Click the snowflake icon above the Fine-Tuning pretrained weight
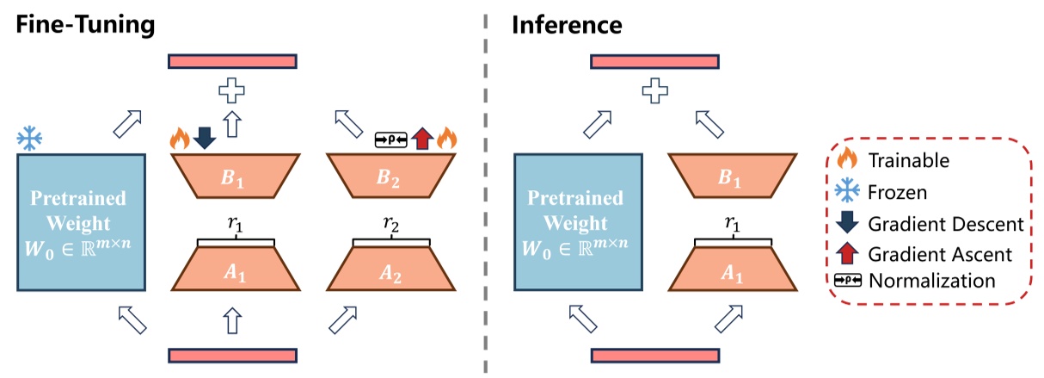[x=30, y=137]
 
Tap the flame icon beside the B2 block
[x=446, y=138]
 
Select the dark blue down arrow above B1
[x=204, y=138]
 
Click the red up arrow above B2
[x=421, y=138]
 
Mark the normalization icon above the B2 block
[x=392, y=139]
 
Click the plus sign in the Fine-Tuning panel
[x=230, y=90]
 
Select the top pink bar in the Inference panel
[x=655, y=60]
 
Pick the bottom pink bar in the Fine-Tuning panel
[x=233, y=356]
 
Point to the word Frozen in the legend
[x=898, y=191]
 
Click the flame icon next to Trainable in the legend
[x=847, y=160]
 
